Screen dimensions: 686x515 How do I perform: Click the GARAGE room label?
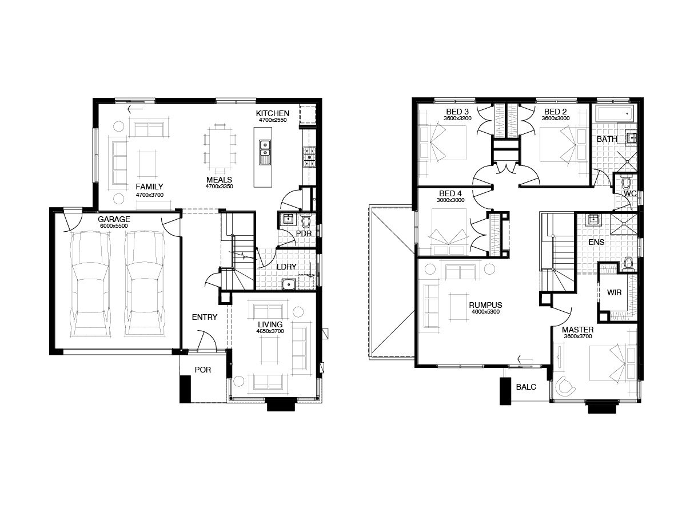point(114,219)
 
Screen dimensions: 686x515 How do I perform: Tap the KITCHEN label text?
point(273,113)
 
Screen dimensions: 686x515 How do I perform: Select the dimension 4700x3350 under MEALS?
point(219,187)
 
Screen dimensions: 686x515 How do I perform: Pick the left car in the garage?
point(90,284)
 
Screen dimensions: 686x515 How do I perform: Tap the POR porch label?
point(203,370)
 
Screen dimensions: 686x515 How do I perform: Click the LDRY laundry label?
point(286,267)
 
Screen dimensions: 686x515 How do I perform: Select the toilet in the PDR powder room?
point(305,221)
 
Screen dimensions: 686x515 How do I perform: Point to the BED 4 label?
point(450,193)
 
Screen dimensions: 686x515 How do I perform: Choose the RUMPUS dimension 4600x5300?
point(486,312)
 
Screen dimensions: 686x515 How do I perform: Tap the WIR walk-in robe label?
point(614,292)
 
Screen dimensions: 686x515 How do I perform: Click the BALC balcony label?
point(526,387)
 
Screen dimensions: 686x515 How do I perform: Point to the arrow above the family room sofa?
point(135,109)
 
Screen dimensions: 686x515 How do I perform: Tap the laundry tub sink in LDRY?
point(289,284)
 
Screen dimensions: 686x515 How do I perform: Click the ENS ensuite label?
point(596,242)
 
